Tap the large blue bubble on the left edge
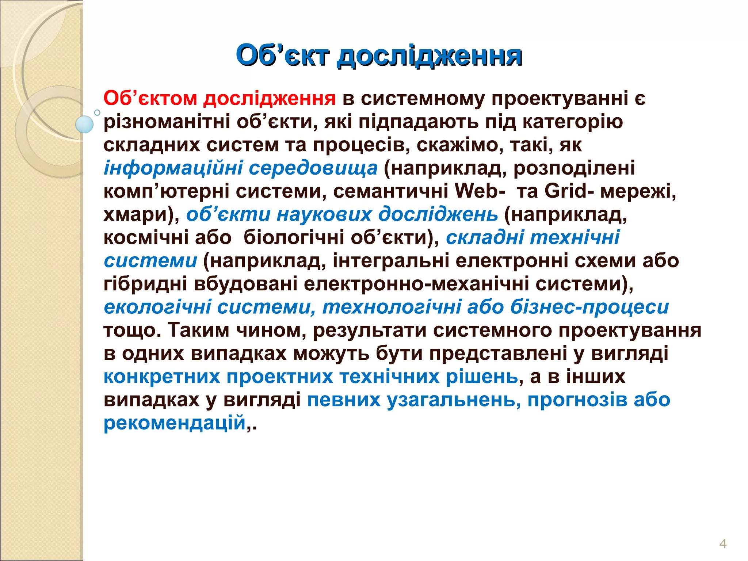pos(85,124)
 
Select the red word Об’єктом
pos(150,98)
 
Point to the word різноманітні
pos(167,122)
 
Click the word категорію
pos(572,122)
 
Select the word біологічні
pos(294,237)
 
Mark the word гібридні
pos(145,284)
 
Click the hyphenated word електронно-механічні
pos(416,284)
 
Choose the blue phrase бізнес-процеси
pos(589,307)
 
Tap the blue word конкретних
pos(162,377)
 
